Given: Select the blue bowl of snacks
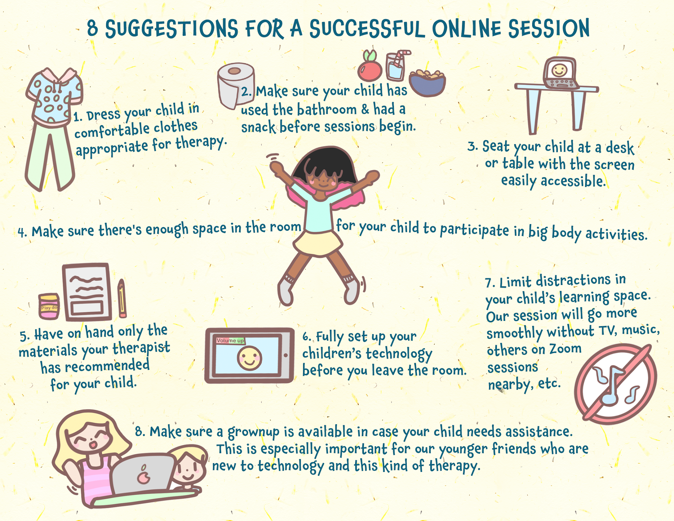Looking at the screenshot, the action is pos(427,83).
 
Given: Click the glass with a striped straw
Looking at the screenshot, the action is pos(396,66).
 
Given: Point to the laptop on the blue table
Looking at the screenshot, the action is pos(559,74).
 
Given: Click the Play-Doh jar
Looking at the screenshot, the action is pos(49,306).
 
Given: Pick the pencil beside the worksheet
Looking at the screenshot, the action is pos(122,298).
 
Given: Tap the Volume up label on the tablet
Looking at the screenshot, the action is pos(230,340).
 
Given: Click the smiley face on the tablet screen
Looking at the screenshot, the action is pos(249,358).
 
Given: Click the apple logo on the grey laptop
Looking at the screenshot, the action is pos(143,475).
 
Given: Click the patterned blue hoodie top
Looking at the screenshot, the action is pos(54,95).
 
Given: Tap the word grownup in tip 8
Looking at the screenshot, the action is pos(254,432).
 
